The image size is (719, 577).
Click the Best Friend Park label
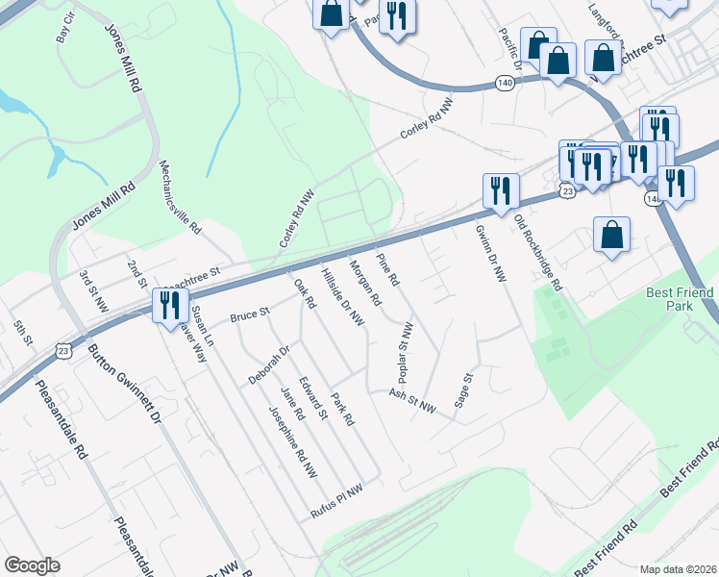680,300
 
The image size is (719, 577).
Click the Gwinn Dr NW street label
490,254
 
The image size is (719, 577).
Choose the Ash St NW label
412,400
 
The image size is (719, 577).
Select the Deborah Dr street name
268,363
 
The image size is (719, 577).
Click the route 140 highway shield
505,83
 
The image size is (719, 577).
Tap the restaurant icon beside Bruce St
168,306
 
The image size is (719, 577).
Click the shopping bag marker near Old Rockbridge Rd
612,236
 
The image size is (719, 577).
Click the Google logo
32,565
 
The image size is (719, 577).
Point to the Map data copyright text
678,568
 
